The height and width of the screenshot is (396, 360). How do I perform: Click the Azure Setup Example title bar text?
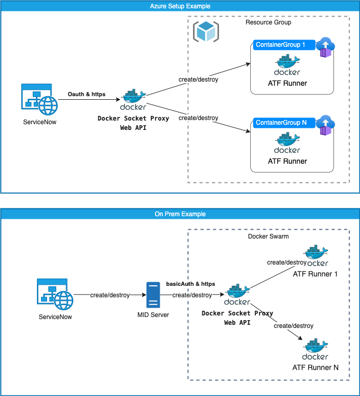[x=179, y=6]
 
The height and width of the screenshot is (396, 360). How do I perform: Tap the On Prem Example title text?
[x=180, y=214]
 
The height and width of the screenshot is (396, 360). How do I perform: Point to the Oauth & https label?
[x=86, y=94]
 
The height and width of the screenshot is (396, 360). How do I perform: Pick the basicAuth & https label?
[x=190, y=284]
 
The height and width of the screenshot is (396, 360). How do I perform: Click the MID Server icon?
[x=153, y=295]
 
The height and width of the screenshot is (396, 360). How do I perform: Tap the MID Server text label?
[x=153, y=315]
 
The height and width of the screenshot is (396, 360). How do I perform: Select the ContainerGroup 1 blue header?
[x=284, y=45]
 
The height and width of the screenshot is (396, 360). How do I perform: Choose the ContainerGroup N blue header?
[x=284, y=123]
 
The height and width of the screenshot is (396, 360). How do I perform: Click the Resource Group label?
[x=268, y=22]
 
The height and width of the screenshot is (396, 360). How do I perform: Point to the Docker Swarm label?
[x=268, y=236]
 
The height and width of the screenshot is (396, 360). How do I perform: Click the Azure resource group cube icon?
[x=205, y=31]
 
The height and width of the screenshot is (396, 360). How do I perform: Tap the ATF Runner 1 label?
[x=315, y=274]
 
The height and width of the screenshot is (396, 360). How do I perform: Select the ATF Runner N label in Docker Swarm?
[x=315, y=367]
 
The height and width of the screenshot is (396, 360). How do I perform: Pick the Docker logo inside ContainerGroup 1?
[x=287, y=65]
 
